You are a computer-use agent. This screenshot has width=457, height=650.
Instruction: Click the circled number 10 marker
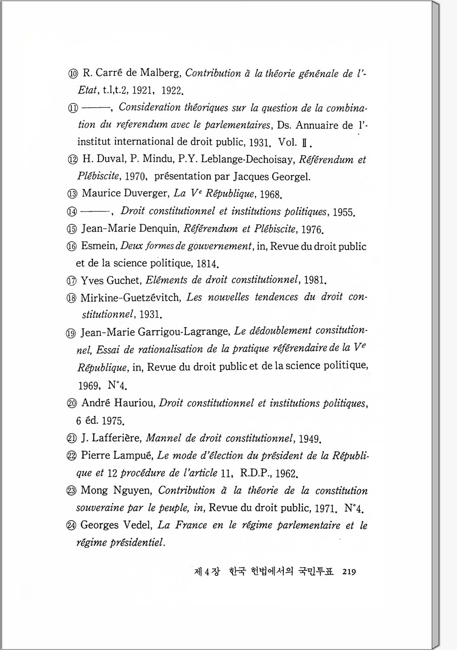pyautogui.click(x=73, y=74)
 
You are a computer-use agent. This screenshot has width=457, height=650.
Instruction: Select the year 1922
pyautogui.click(x=172, y=90)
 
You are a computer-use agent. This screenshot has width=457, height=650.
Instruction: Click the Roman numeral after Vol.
pyautogui.click(x=304, y=143)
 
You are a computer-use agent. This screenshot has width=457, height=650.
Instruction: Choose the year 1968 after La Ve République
pyautogui.click(x=270, y=195)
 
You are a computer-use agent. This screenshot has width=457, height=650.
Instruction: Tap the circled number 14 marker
pyautogui.click(x=72, y=212)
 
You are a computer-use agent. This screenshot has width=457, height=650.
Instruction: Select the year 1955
pyautogui.click(x=344, y=212)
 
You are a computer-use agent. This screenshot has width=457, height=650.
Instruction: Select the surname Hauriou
pyautogui.click(x=134, y=403)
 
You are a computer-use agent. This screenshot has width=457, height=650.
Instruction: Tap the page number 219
pyautogui.click(x=349, y=572)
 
